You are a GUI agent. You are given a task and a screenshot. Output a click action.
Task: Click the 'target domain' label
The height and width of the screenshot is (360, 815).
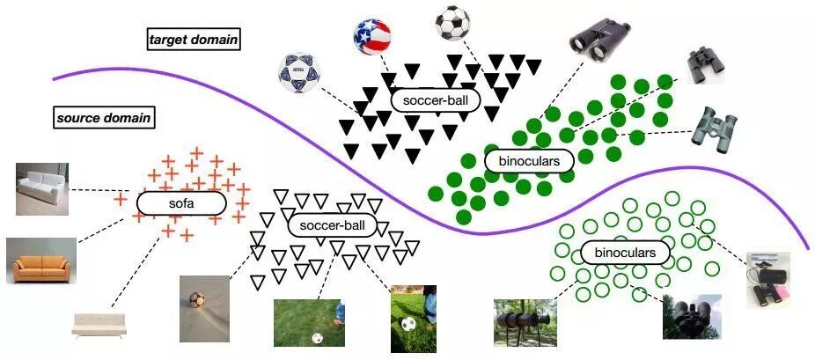coord(194,39)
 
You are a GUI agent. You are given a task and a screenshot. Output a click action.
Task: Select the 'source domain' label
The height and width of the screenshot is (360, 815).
coord(104,117)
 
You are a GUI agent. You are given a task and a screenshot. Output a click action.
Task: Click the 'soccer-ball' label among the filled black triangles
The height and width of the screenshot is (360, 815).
coord(435,100)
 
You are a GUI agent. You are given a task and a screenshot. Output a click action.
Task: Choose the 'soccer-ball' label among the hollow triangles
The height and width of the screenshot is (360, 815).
coord(332,225)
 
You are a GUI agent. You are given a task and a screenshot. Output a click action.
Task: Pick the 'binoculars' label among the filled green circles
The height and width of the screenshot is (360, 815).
coord(529,161)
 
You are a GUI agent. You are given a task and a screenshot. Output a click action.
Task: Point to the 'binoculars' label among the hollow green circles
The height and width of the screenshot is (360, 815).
coord(625,253)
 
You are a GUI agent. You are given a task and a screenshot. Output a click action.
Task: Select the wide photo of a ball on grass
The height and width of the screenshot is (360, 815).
coord(309,323)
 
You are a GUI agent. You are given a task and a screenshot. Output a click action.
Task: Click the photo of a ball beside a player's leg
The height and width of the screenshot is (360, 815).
coord(414,318)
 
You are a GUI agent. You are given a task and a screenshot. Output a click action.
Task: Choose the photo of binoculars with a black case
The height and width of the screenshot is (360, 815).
coord(768,280)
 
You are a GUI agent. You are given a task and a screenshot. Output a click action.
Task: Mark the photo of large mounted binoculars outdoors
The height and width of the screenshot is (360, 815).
coord(525,321)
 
